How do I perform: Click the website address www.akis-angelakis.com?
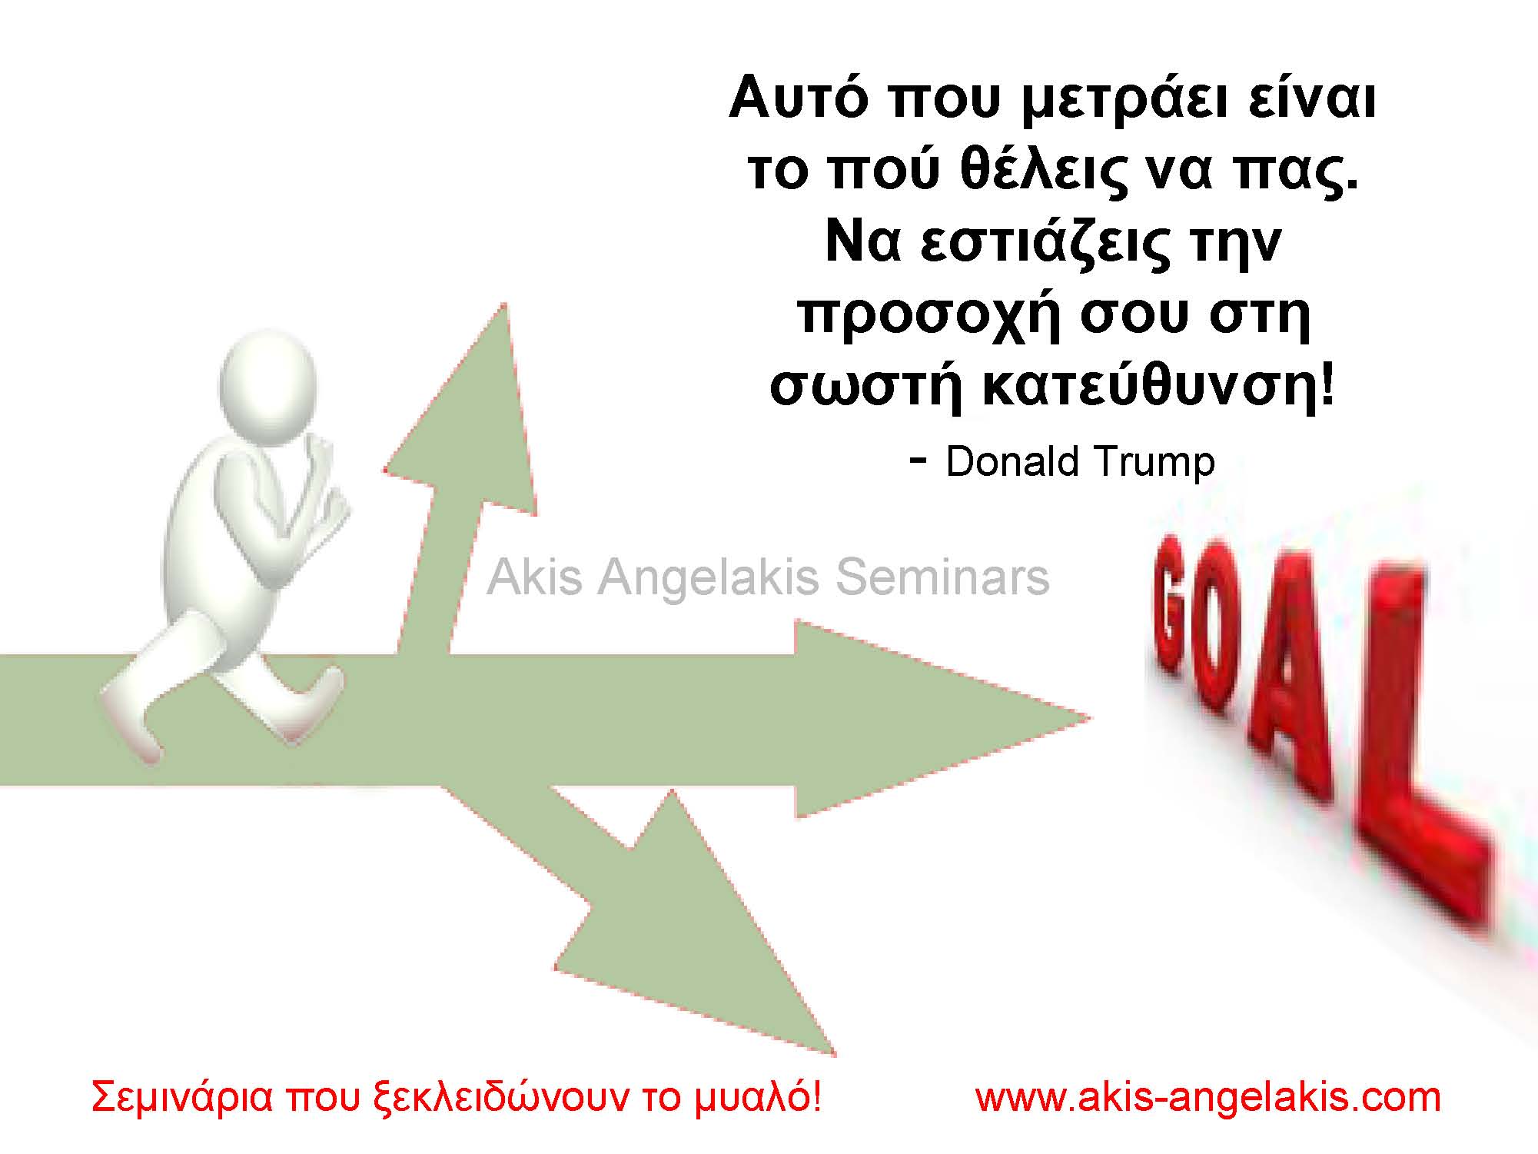click(1208, 1097)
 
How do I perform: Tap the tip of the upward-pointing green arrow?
click(504, 308)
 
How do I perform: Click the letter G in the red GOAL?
click(1176, 607)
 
